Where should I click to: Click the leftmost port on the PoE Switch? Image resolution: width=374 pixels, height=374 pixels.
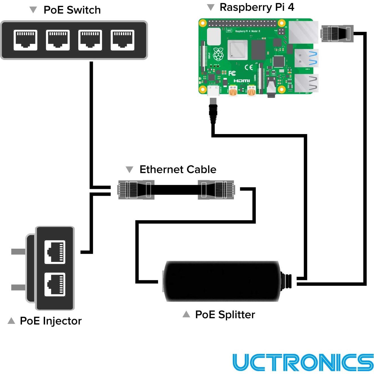click(x=25, y=40)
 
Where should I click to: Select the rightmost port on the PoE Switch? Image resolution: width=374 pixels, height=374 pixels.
click(x=122, y=40)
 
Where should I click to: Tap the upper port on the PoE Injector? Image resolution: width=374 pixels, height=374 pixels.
click(x=55, y=252)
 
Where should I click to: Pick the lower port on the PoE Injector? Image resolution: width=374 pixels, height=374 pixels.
click(x=55, y=284)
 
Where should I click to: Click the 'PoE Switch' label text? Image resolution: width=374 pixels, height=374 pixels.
click(x=72, y=10)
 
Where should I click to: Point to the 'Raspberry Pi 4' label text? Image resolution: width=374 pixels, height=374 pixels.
click(x=257, y=7)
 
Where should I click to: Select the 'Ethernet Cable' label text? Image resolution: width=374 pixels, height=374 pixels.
click(x=178, y=170)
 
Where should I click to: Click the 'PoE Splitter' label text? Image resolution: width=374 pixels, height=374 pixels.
click(x=225, y=315)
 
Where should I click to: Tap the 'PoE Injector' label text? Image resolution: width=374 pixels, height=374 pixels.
click(x=51, y=321)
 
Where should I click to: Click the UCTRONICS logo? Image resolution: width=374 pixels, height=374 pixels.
click(x=303, y=362)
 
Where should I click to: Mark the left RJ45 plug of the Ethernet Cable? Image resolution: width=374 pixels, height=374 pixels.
click(x=136, y=190)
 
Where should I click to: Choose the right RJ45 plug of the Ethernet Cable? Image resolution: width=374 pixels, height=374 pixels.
click(x=216, y=190)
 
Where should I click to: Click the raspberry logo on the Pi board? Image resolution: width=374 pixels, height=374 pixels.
click(x=218, y=54)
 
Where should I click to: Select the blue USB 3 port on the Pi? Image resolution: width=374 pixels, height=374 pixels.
click(x=306, y=58)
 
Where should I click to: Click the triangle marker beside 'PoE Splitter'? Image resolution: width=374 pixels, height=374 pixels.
click(x=186, y=314)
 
